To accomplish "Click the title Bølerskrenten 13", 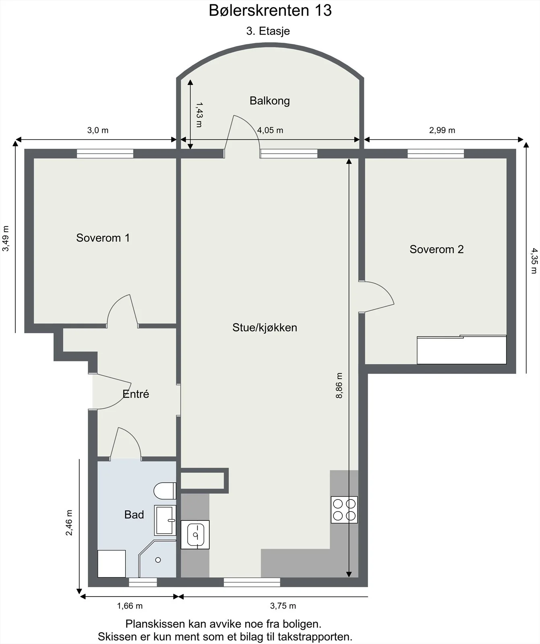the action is pos(270,10).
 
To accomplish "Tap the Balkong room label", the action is pos(269,101).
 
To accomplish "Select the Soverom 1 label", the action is pos(103,238).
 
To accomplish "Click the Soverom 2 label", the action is pos(437,250).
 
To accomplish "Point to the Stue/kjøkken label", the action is pos(265,328).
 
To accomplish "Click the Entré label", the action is pos(136,394).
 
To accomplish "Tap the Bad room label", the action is pos(134,515).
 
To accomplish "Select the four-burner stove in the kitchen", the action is pos(344,510).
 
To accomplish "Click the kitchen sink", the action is pos(195,535).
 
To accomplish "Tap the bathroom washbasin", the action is pos(165,520).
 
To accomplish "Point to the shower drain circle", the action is pos(158,560).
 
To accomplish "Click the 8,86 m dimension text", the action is pos(339,386).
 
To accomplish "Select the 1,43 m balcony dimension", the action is pos(199,115).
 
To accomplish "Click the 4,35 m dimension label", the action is pos(534,260).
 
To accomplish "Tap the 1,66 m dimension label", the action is pos(130,606).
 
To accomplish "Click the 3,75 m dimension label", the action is pos(283,606).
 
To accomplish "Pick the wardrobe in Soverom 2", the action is pos(461,349).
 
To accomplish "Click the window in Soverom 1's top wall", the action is pos(105,153).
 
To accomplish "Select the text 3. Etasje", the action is pos(268,31).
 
